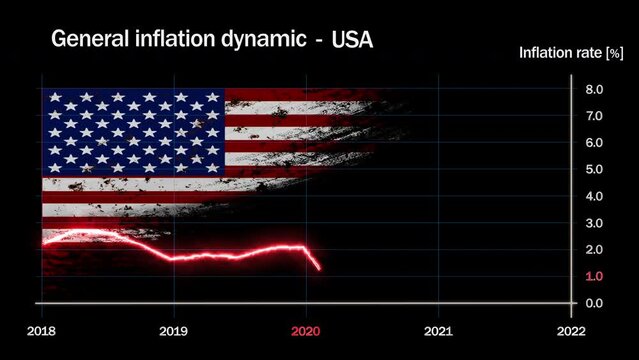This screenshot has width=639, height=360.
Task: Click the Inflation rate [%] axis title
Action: [x=570, y=53]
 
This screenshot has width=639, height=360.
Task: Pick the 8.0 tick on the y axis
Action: [x=594, y=90]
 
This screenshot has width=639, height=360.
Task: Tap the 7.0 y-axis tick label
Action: [x=594, y=117]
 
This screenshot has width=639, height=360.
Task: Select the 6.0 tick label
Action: [x=594, y=143]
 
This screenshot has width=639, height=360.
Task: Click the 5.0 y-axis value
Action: [x=594, y=170]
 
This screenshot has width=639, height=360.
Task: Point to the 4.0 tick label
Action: [x=594, y=197]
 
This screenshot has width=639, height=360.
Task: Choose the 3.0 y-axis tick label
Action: [x=594, y=223]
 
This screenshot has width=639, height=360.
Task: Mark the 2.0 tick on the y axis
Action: [x=594, y=250]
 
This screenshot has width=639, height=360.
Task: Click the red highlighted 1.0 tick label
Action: [x=594, y=276]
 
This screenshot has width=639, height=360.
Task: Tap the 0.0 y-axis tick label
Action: [x=594, y=303]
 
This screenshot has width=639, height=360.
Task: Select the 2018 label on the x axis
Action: [x=42, y=330]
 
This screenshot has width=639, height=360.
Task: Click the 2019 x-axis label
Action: [x=174, y=330]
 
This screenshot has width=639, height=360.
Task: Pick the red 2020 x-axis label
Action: [x=306, y=330]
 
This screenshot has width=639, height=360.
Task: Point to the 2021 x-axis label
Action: [x=438, y=330]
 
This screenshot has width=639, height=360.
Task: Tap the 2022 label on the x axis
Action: [x=570, y=330]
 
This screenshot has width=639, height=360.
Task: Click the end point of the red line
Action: [x=319, y=268]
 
